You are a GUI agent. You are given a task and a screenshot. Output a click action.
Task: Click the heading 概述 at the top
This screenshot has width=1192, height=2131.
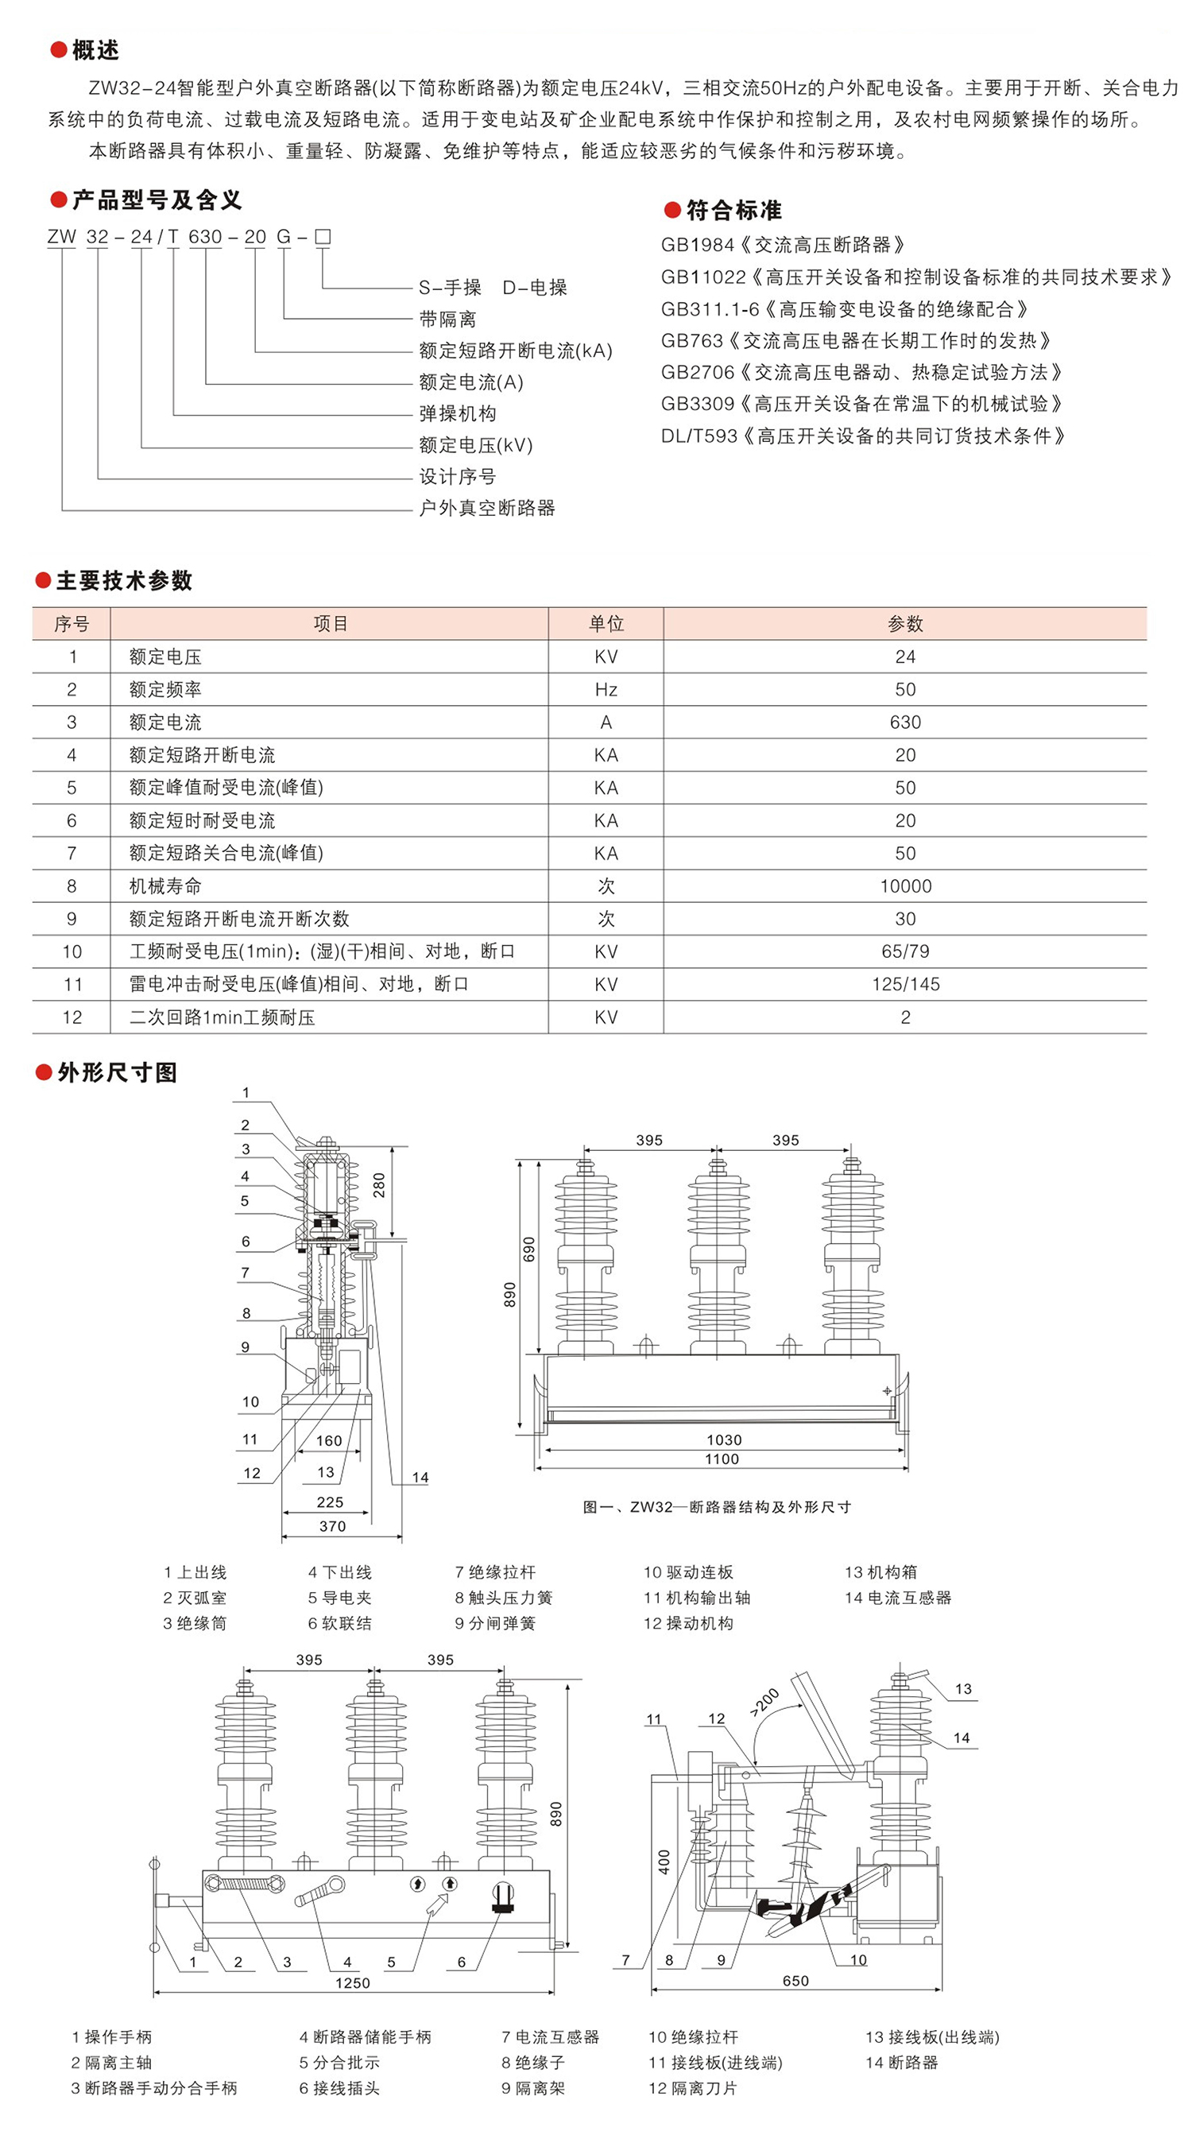point(95,50)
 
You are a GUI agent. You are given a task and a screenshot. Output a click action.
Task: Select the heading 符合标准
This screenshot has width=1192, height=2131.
point(733,211)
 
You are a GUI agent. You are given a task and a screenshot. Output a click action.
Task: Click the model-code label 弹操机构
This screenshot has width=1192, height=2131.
point(458,413)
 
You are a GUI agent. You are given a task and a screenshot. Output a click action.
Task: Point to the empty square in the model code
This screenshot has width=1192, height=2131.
point(323,238)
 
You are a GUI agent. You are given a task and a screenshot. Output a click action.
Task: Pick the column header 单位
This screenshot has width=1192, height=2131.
point(606,624)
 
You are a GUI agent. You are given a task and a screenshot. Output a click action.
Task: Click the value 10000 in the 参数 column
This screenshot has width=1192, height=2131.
point(905,886)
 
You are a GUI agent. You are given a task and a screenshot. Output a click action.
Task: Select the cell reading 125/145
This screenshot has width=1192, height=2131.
point(905,985)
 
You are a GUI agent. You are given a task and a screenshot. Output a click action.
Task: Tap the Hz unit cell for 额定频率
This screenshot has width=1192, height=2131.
point(606,690)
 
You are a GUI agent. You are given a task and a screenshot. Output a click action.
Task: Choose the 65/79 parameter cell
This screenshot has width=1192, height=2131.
point(905,951)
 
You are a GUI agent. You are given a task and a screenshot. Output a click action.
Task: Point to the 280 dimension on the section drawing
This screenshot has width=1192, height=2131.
point(379,1184)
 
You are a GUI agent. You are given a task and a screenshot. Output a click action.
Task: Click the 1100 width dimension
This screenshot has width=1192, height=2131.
point(722,1459)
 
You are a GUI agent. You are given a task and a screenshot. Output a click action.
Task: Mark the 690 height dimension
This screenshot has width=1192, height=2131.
point(529,1249)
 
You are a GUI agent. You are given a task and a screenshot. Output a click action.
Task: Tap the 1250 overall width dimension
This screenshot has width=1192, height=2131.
point(352,1983)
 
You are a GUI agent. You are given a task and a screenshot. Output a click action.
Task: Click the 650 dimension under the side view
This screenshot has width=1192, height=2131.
point(795,1981)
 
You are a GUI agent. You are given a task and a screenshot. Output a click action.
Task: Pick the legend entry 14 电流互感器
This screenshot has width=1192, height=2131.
point(897,1598)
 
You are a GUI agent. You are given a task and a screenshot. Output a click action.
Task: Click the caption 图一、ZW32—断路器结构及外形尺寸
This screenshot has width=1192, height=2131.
point(716,1506)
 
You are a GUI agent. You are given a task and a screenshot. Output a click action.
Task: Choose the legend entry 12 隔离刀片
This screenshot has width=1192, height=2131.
point(691,2088)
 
